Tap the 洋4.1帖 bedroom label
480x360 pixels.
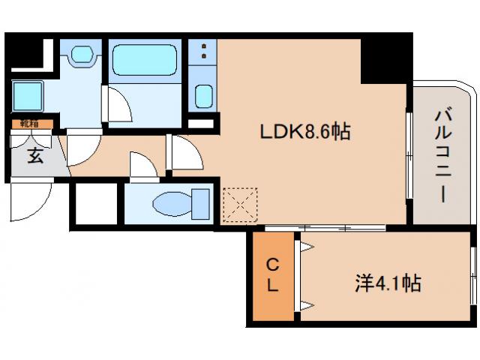(x=387, y=283)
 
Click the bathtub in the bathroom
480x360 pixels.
(x=144, y=61)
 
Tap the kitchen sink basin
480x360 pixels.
(x=203, y=96)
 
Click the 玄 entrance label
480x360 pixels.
(x=34, y=156)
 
